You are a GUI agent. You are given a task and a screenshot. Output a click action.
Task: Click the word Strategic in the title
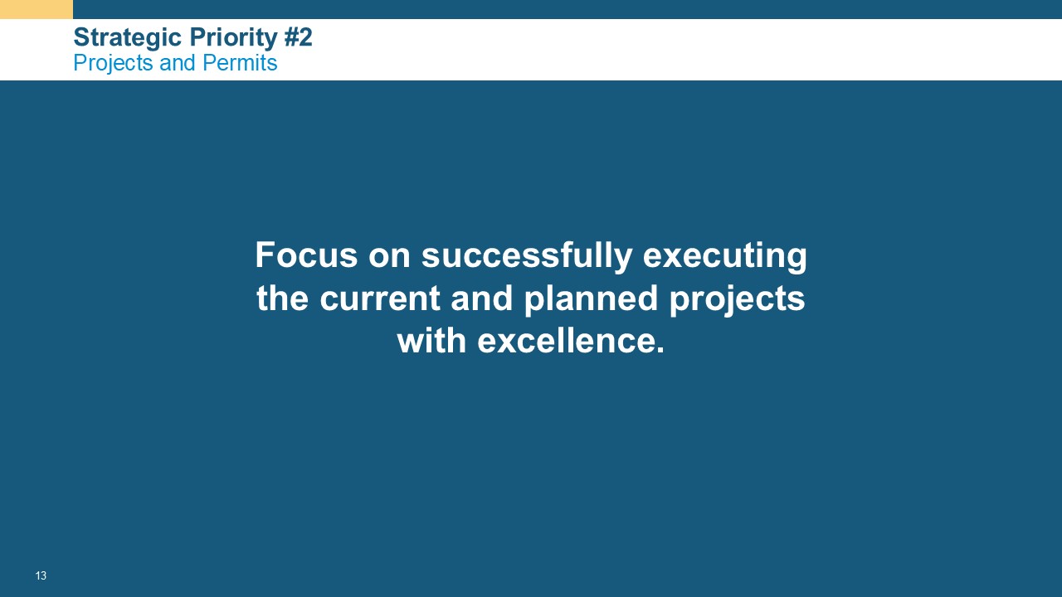(129, 38)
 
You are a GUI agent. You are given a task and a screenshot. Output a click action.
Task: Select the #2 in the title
(298, 37)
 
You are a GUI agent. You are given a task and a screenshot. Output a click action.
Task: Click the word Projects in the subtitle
(114, 64)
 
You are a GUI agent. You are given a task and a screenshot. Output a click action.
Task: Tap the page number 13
(41, 575)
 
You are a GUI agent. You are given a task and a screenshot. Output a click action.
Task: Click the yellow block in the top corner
(37, 9)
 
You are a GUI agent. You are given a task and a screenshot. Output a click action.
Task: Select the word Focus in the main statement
(306, 255)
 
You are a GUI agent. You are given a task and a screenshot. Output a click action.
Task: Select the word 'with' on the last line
(432, 341)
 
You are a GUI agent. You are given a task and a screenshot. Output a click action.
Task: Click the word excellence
(565, 341)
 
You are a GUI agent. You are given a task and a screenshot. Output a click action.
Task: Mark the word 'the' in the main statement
(283, 298)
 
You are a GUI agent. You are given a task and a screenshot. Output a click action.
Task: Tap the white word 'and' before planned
(482, 298)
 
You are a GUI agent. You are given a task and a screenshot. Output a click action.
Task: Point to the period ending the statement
(660, 350)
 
